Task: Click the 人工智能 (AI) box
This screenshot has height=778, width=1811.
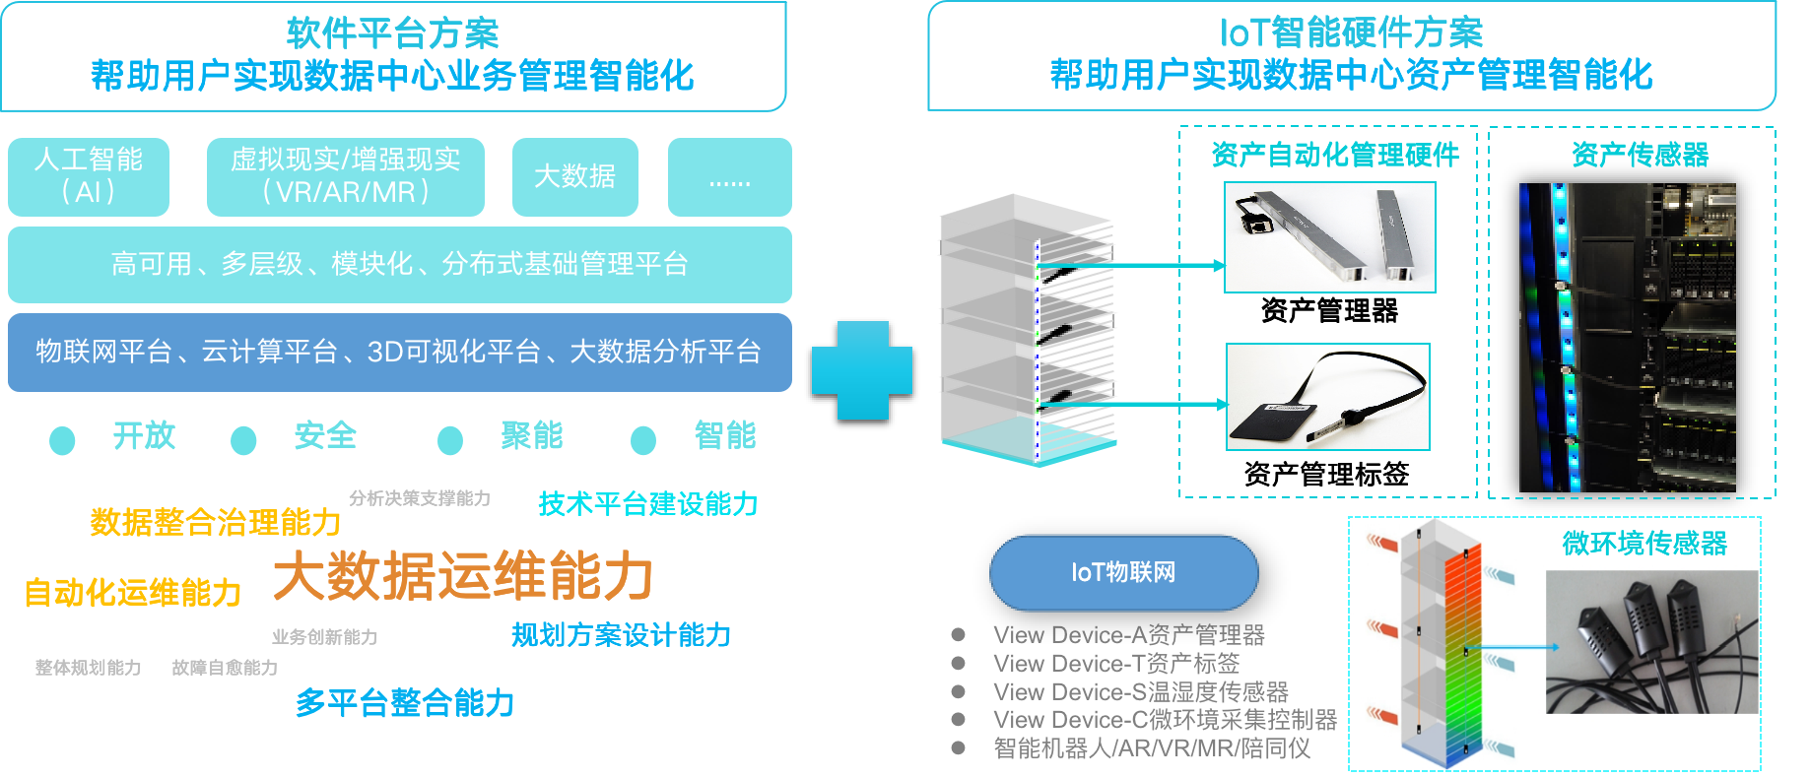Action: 89,176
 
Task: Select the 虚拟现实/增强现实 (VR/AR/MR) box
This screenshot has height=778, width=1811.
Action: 345,176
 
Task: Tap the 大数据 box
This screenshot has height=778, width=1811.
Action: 574,176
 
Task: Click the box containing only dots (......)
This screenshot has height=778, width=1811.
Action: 729,176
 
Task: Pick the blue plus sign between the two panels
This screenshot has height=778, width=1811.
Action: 861,370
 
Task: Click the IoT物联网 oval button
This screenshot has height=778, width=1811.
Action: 1123,572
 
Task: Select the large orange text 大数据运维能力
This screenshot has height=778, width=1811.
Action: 462,576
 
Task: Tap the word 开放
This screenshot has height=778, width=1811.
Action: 144,435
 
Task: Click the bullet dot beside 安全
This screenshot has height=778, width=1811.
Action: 243,439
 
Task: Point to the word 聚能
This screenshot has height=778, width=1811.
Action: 532,435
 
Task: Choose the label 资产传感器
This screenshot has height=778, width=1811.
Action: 1640,155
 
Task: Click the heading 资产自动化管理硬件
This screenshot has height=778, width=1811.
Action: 1335,155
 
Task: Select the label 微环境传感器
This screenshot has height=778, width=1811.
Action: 1644,543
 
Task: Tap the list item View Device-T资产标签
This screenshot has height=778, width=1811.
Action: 1115,663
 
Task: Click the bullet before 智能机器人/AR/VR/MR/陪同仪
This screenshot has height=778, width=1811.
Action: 958,747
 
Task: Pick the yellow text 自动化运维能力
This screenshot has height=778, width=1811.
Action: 132,593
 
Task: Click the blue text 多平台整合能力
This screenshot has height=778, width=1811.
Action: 405,703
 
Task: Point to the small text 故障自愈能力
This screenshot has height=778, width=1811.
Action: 224,668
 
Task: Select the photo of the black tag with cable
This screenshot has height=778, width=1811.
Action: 1327,397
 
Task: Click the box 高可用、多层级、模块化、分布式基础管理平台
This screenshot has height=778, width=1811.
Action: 399,264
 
